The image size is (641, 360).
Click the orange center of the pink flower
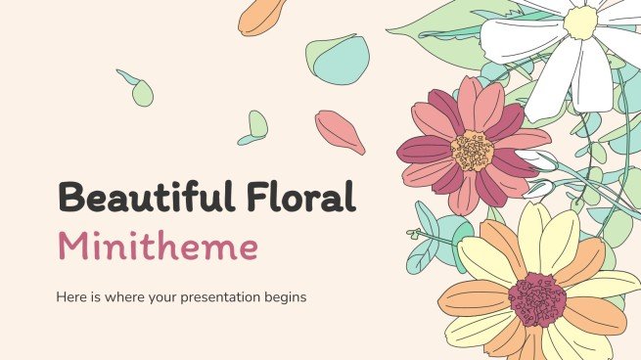point(474,150)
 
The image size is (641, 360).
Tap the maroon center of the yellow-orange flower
point(536,298)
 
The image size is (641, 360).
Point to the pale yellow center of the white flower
point(579,22)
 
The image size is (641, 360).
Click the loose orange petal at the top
point(262,17)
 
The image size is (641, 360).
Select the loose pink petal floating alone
point(340,131)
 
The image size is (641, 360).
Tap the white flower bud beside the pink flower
point(536,160)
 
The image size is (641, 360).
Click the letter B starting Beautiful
point(45,200)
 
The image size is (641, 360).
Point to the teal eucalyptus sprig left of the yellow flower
point(429,240)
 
